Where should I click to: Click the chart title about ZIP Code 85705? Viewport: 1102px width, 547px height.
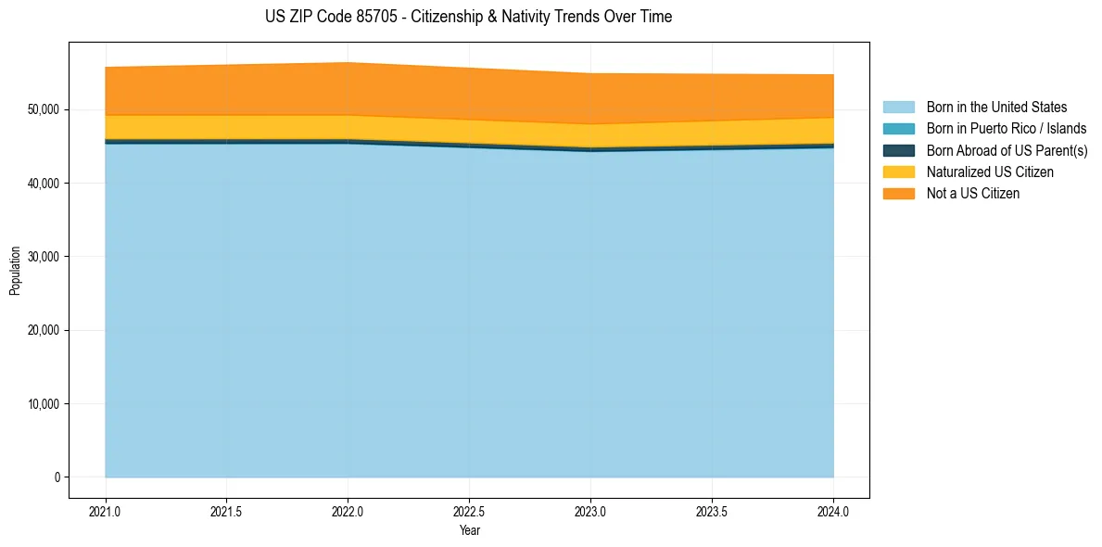click(468, 17)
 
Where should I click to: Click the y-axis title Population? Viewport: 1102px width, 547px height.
click(15, 271)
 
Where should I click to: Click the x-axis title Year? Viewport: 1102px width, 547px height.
click(469, 530)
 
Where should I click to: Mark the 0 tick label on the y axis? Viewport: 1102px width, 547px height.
click(57, 477)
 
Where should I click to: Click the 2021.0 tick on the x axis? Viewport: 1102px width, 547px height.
click(106, 511)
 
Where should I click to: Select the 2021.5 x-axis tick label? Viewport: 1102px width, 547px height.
click(227, 511)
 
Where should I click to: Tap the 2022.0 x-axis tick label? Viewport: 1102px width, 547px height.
click(348, 511)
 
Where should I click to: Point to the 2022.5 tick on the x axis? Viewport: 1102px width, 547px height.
click(470, 511)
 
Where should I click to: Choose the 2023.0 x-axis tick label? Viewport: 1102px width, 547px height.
click(590, 511)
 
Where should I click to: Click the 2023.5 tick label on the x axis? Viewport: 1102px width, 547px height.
click(712, 511)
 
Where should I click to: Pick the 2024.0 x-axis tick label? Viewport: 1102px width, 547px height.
click(833, 511)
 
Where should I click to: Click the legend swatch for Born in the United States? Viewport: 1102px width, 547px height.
click(898, 108)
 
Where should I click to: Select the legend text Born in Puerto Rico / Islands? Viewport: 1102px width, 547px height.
click(1006, 129)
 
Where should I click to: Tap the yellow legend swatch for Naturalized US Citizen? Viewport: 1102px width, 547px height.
click(898, 172)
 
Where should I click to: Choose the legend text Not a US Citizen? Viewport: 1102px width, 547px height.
click(972, 194)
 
